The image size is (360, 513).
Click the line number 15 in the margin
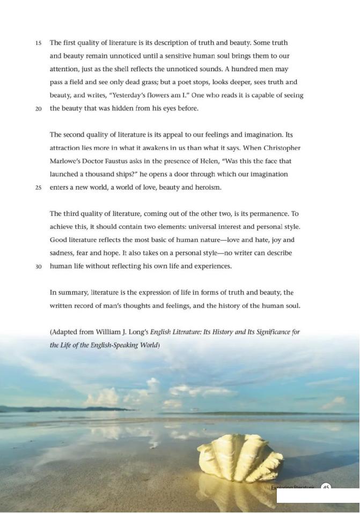(39, 43)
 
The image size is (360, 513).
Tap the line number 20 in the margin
(39, 109)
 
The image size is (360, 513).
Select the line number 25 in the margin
(39, 188)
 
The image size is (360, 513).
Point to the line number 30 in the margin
(39, 267)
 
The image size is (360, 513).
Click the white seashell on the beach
(240, 458)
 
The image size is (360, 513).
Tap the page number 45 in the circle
(326, 487)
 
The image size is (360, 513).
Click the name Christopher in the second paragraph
(281, 148)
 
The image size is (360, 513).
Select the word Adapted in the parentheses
(65, 332)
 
